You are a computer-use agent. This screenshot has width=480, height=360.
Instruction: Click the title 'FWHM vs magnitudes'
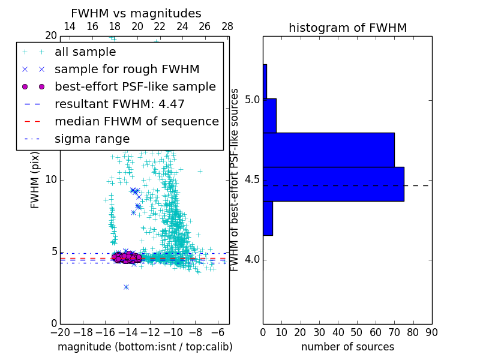pos(136,14)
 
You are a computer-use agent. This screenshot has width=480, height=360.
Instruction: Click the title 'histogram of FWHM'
pos(347,28)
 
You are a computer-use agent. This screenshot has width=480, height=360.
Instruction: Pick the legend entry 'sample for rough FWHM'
pos(127,69)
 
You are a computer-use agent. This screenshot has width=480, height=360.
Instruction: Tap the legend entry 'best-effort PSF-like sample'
pos(135,86)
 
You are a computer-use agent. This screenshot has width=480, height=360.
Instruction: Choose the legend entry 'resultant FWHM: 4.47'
pos(119,104)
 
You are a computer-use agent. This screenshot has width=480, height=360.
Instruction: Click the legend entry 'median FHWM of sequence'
pos(136,121)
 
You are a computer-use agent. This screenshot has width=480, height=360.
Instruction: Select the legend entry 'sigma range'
pos(92,139)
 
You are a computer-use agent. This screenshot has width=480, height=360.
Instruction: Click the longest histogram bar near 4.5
pos(333,184)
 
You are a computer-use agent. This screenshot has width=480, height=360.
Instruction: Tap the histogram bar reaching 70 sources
pos(329,149)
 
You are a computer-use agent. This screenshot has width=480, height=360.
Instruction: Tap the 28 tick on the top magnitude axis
pos(227,26)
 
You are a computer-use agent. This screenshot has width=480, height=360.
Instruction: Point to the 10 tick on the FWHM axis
pos(51,179)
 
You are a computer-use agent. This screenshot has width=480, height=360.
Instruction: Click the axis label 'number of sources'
pos(347,347)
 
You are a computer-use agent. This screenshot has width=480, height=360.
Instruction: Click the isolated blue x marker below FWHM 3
pos(126,287)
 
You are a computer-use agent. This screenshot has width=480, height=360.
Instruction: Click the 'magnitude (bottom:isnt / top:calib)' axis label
pos(145,347)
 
